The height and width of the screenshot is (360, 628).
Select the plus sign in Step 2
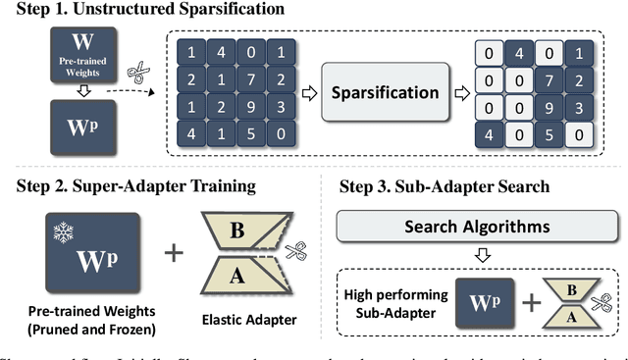coord(173,252)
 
